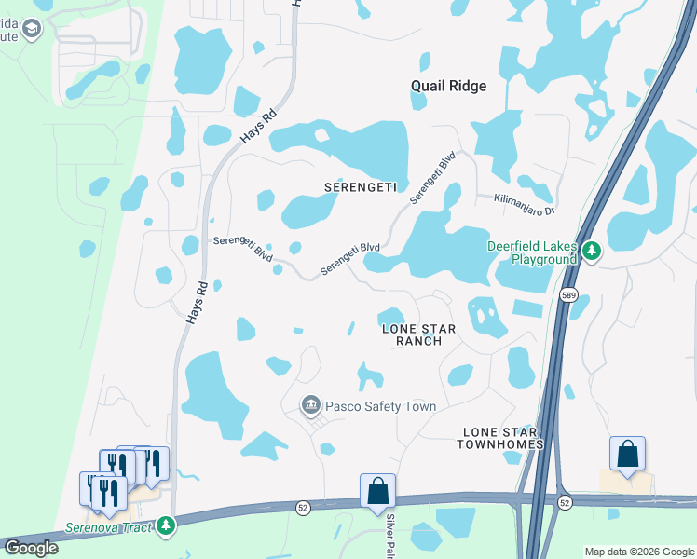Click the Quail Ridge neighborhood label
pos(448,86)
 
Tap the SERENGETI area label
pos(361,186)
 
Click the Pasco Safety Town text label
pos(380,406)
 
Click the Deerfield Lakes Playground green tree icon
pos(591,250)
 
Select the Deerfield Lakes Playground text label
pos(532,252)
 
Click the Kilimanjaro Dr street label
pos(515,198)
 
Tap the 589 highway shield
pos(567,295)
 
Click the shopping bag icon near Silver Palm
pos(377,491)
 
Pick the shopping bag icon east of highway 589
pos(628,455)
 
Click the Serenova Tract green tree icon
pos(166,526)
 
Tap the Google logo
pos(32,548)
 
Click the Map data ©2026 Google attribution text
pos(638,552)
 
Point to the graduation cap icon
pos(33,29)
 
